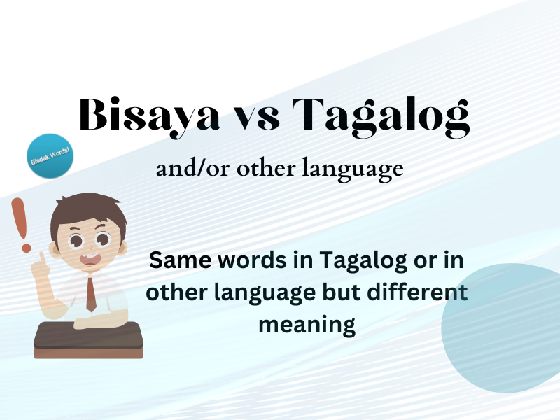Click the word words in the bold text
coord(241,262)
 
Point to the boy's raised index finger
coord(42,259)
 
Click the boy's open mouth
coord(90,260)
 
